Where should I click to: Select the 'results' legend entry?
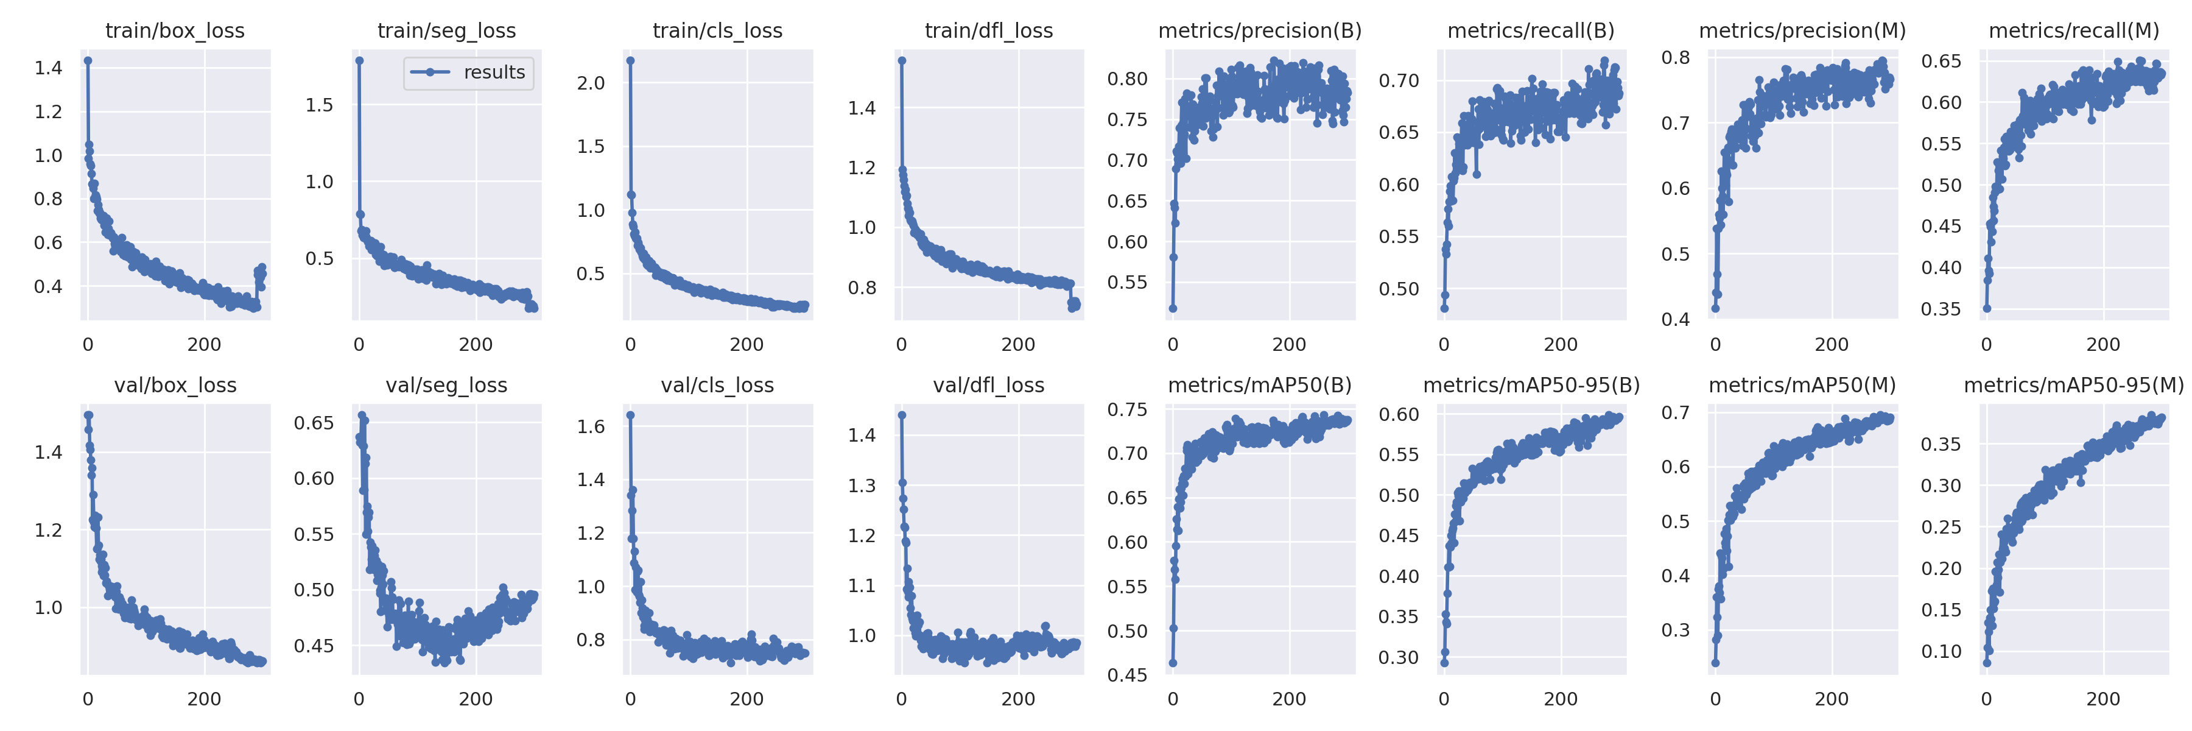[469, 72]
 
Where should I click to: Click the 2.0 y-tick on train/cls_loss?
[591, 83]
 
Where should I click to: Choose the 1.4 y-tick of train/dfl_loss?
[862, 108]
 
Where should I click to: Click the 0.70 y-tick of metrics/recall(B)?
[1399, 81]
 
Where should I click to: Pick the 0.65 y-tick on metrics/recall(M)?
[1941, 62]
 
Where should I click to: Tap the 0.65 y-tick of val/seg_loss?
[314, 423]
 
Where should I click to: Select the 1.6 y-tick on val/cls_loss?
[591, 426]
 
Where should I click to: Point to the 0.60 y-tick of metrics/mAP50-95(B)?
[1399, 414]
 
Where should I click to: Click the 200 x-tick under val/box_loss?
[204, 699]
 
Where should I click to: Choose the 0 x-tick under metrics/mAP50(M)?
[1715, 699]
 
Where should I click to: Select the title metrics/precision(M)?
[1802, 30]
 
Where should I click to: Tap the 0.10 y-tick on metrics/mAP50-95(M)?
[1941, 652]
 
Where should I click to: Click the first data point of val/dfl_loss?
[902, 415]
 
